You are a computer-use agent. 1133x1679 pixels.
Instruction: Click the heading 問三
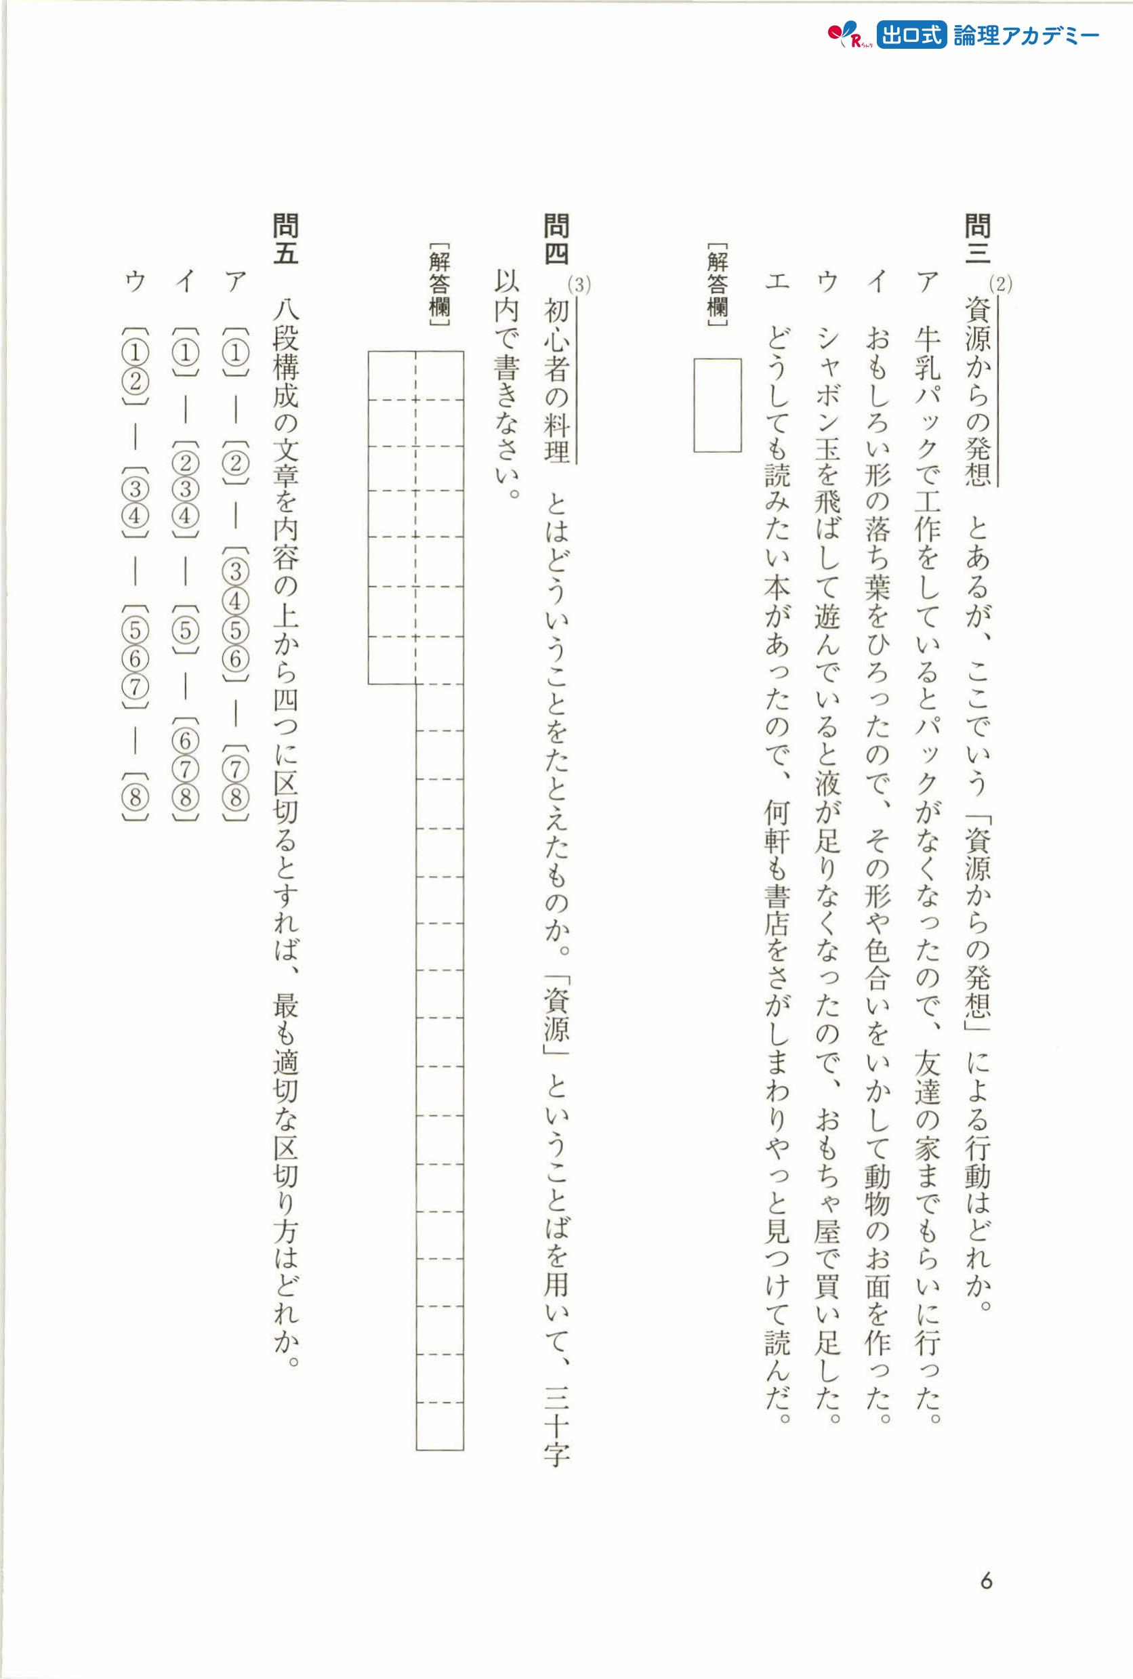[x=978, y=238]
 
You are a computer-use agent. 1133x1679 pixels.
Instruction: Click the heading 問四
[x=556, y=238]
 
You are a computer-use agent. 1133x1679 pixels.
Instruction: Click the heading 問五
[x=285, y=238]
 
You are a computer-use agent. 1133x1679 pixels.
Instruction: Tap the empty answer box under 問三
[x=717, y=405]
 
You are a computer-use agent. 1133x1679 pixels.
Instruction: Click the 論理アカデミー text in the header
[x=1026, y=35]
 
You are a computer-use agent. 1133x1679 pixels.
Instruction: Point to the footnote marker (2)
[x=1001, y=284]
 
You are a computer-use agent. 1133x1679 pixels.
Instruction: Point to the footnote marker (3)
[x=579, y=285]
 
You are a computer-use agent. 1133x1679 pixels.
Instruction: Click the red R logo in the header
[x=848, y=35]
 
